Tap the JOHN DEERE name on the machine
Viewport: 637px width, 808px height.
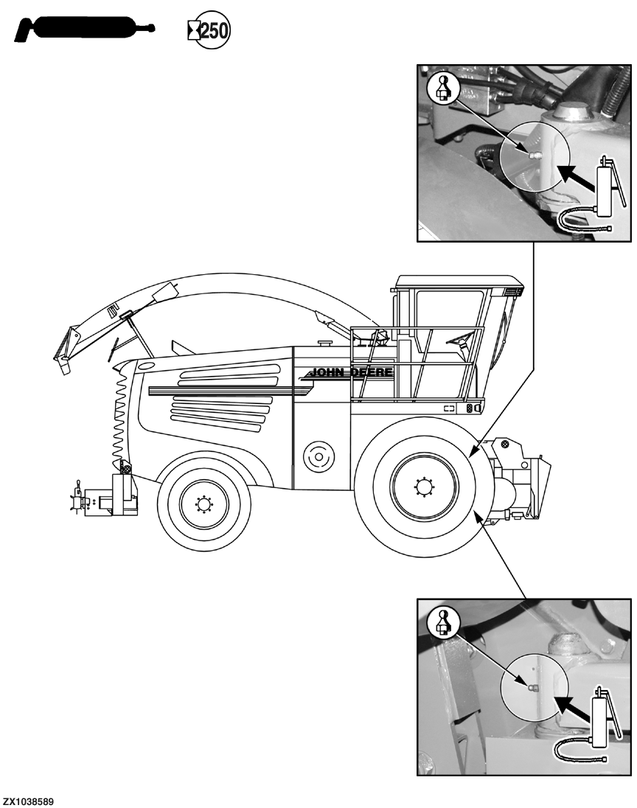tap(350, 372)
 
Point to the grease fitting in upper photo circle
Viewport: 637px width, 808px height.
tap(533, 154)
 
